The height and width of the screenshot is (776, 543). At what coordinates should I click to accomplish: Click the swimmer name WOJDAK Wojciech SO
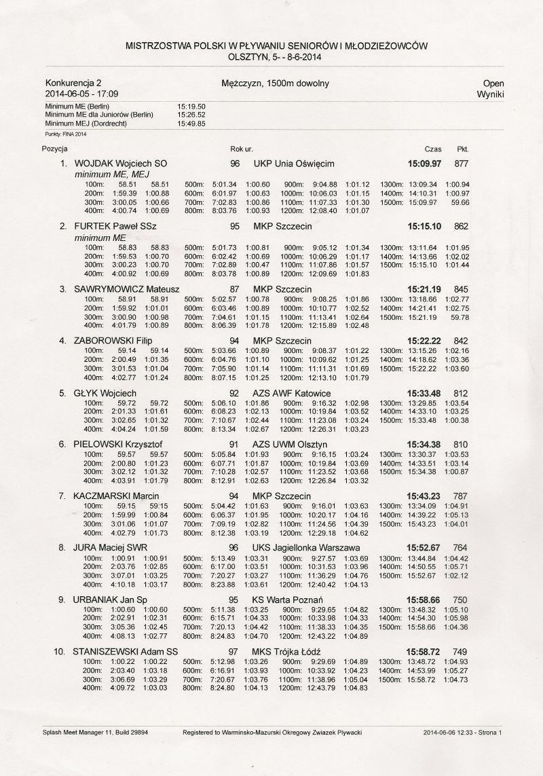(120, 164)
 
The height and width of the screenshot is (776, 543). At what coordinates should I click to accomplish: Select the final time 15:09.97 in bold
(424, 164)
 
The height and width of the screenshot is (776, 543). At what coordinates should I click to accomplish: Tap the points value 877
(462, 164)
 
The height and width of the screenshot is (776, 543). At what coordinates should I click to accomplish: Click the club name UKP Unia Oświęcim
(293, 164)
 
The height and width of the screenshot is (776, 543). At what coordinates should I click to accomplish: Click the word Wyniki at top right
(490, 94)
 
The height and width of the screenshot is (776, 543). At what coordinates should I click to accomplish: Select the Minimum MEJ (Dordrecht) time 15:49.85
(191, 124)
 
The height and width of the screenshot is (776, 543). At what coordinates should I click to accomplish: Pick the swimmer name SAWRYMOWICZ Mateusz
(126, 289)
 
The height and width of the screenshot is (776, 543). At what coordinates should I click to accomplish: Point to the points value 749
(462, 651)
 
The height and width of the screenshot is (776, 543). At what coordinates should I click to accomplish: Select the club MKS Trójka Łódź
(287, 651)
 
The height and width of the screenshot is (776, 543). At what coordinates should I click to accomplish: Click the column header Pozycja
(54, 148)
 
